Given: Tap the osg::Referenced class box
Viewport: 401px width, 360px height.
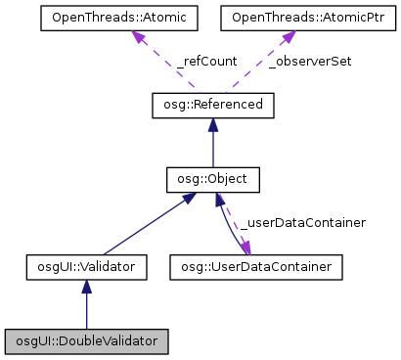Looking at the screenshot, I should tap(213, 104).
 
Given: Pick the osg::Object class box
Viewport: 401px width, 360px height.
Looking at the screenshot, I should tap(213, 180).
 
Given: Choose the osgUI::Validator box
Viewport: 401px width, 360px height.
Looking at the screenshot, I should tap(87, 265).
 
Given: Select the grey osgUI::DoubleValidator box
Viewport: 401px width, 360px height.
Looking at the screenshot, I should tap(87, 341).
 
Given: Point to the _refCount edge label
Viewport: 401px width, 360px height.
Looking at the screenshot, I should tap(206, 61).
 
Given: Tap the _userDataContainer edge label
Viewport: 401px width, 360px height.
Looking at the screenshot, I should tap(303, 223).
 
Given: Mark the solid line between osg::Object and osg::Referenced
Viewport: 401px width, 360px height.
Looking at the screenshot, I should tap(213, 147).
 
